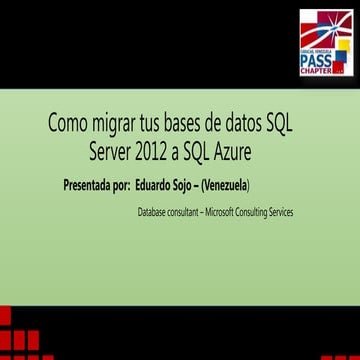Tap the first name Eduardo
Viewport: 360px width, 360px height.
pyautogui.click(x=157, y=186)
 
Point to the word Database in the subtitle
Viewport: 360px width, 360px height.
pyautogui.click(x=153, y=212)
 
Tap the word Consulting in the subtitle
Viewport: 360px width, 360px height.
pyautogui.click(x=252, y=212)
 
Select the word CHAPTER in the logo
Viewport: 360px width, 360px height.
pyautogui.click(x=316, y=72)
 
